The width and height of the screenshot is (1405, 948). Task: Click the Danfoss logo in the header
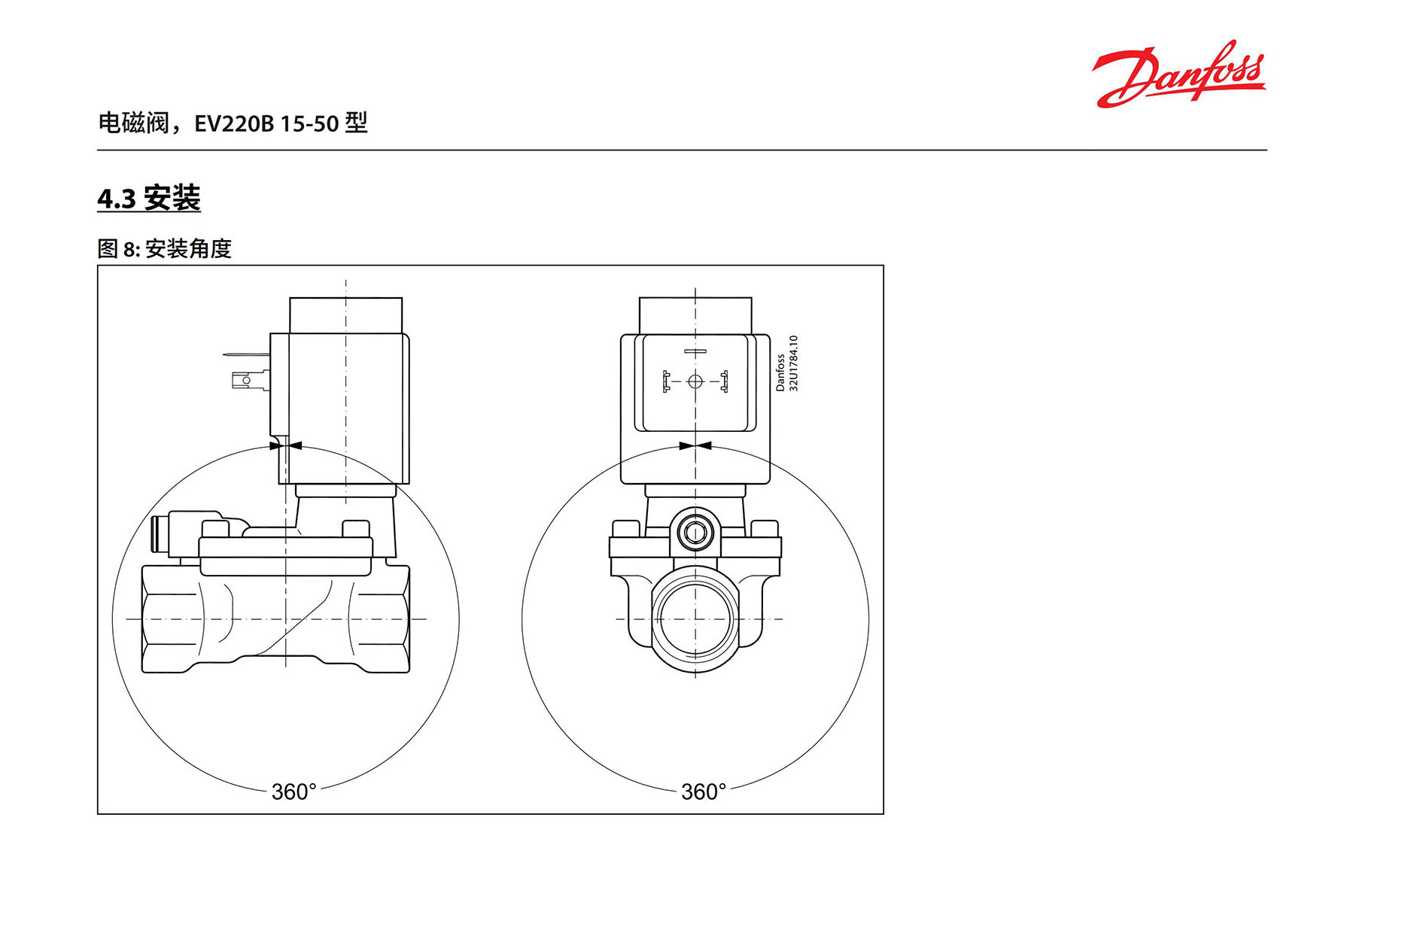point(1178,74)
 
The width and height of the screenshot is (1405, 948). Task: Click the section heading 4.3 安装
point(149,199)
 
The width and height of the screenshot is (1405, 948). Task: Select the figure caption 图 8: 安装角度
point(164,248)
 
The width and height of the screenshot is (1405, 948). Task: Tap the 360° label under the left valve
point(294,792)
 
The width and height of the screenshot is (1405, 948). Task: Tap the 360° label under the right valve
point(704,792)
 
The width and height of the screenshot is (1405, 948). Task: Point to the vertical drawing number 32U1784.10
point(793,363)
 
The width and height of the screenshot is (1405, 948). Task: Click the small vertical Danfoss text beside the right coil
point(780,372)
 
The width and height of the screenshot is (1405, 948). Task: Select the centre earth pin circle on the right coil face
point(695,381)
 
